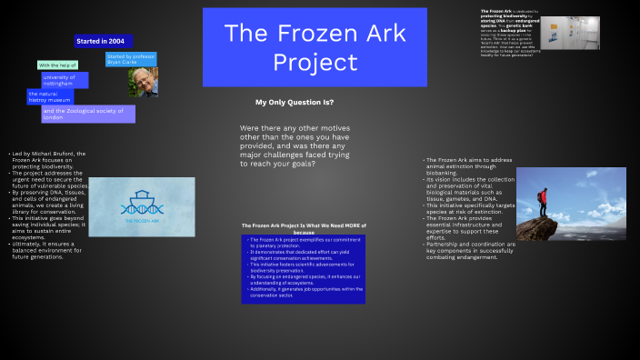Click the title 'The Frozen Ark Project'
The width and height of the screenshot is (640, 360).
(x=314, y=47)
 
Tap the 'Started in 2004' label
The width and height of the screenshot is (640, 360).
(x=102, y=41)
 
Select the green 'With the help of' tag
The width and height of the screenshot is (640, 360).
(x=56, y=65)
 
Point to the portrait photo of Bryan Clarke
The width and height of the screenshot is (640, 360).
(x=142, y=82)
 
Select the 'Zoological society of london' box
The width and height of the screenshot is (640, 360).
(x=87, y=114)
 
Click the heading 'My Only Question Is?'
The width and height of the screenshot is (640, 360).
(x=295, y=102)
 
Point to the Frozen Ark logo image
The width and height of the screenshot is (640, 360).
(x=141, y=206)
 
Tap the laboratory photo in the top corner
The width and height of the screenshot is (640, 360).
(x=570, y=33)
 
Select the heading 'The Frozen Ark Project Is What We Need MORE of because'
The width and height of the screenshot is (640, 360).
(x=303, y=228)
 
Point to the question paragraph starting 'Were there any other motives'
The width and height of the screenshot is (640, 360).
(x=295, y=145)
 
